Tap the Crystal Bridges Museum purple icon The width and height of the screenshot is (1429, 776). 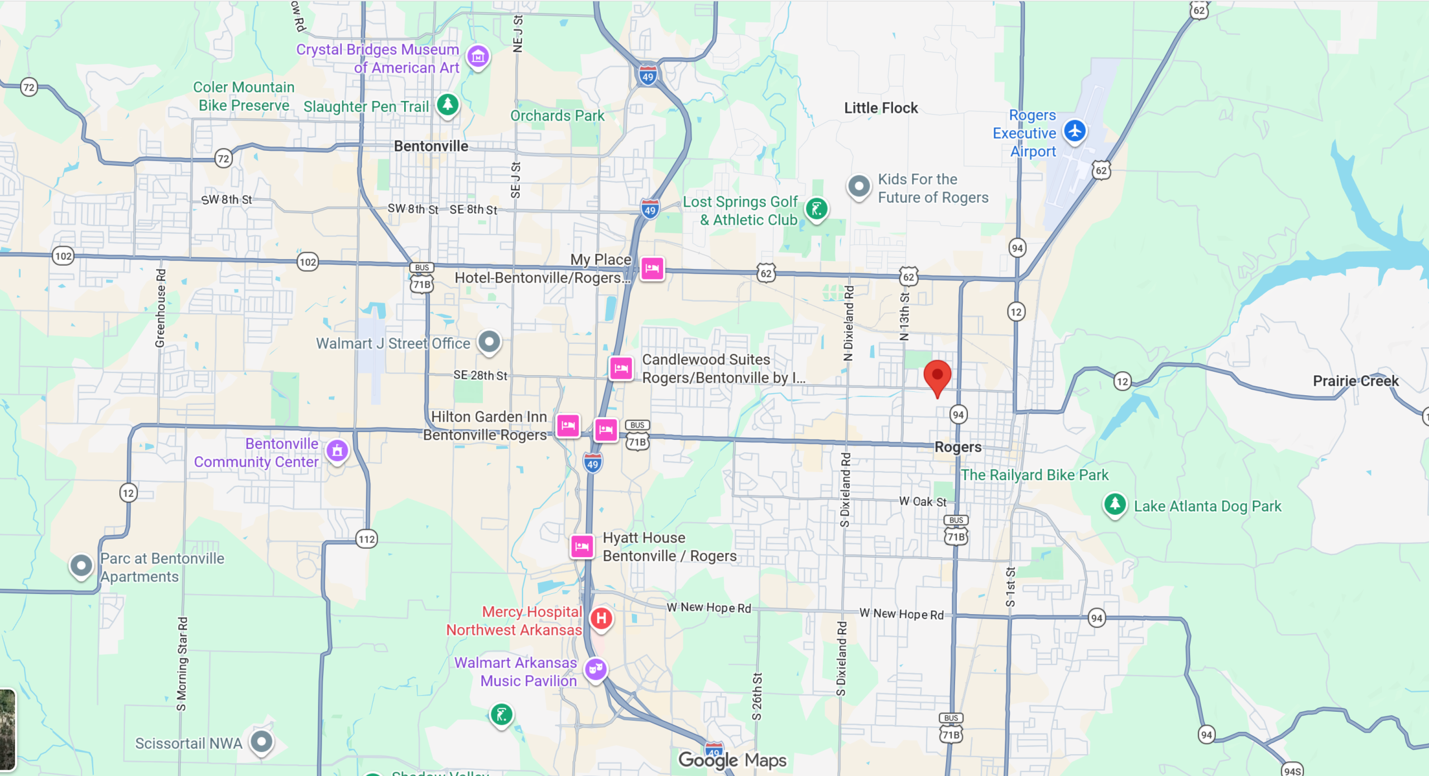pos(478,56)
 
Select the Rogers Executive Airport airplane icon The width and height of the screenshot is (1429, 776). pos(1075,131)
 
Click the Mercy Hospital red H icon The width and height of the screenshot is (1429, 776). pos(601,618)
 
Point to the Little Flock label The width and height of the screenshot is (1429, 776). pos(880,108)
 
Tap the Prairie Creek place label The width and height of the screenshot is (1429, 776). pos(1355,381)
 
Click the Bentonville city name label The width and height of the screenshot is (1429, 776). pos(431,146)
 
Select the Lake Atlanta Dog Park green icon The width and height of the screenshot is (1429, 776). pos(1115,504)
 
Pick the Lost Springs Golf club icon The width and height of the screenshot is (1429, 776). pos(817,209)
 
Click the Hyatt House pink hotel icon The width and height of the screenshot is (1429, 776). pos(582,546)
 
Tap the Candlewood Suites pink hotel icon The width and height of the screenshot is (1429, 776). pos(621,368)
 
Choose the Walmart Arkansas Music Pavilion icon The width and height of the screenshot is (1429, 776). pos(596,668)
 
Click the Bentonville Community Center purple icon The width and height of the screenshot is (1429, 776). pos(337,451)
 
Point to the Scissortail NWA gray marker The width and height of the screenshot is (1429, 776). pos(261,742)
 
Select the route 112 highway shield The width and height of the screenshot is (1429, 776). pos(367,539)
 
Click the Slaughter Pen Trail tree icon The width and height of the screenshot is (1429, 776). pos(448,104)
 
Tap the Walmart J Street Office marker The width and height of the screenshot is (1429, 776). pos(490,341)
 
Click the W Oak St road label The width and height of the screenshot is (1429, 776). pos(922,501)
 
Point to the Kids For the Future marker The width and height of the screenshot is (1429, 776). pos(859,186)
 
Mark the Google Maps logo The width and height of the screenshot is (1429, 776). pos(732,760)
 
